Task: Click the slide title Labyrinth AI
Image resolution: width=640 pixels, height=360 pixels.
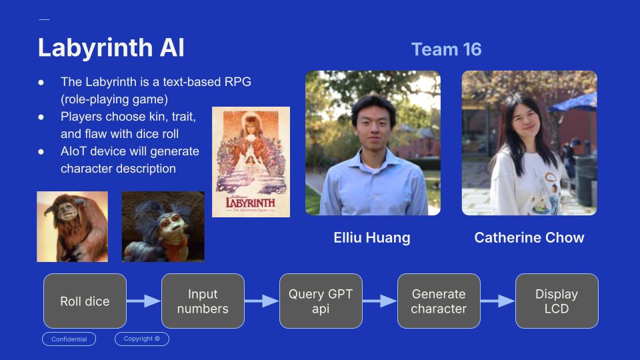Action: point(111,48)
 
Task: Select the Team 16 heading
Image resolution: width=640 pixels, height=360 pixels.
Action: point(446,49)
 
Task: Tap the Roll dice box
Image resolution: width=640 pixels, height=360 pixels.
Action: point(85,301)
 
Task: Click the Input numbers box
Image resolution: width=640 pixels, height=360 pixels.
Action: point(203,301)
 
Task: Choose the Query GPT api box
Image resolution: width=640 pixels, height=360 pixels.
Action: point(321,301)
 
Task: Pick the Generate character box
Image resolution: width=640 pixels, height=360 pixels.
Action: point(439,301)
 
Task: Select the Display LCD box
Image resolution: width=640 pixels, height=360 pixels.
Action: point(557,301)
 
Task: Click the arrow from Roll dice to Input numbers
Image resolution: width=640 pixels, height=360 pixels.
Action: point(143,301)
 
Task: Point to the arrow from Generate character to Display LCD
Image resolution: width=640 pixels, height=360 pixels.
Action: point(497,301)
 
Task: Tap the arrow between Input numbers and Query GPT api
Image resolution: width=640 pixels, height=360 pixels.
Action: point(261,301)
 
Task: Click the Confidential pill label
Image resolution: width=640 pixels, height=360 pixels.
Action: point(69,339)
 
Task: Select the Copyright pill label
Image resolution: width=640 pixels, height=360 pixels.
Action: point(142,339)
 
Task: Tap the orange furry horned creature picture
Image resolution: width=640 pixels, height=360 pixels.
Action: point(72,226)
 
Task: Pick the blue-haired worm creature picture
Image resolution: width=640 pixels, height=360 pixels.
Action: point(163,226)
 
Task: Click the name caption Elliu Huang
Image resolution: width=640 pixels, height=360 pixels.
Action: point(372,238)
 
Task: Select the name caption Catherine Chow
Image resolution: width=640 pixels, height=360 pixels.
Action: point(529,238)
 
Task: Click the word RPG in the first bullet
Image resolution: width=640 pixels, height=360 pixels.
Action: point(238,82)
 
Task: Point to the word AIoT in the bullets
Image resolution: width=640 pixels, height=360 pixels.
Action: point(75,151)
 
